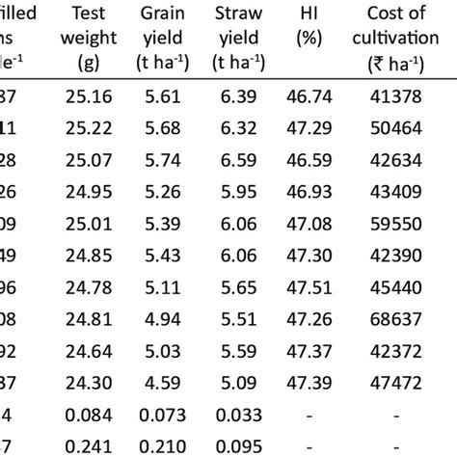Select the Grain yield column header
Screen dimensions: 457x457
[164, 39]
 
